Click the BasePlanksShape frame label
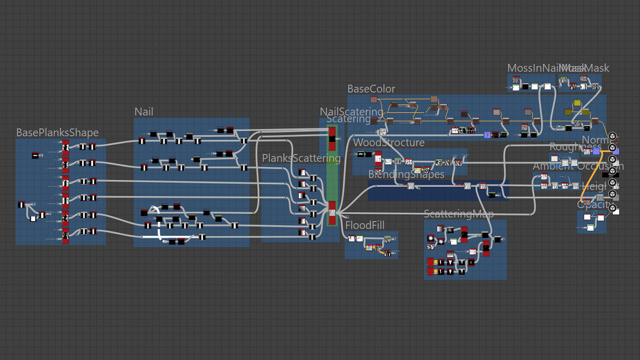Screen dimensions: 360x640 pos(57,133)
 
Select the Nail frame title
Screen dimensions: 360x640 pos(144,112)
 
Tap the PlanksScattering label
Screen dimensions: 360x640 pos(301,158)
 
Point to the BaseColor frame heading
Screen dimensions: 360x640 pos(371,89)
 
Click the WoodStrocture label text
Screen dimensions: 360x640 pos(389,142)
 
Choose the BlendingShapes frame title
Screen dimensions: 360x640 pos(406,174)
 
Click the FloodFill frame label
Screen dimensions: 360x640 pos(365,225)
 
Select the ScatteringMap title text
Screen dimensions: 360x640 pos(459,214)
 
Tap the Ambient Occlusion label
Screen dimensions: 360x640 pos(578,166)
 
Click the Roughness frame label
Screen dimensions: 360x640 pos(575,147)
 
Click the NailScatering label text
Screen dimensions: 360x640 pos(352,111)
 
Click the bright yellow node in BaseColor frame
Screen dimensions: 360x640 pos(577,103)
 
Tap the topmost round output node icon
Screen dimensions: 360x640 pos(612,136)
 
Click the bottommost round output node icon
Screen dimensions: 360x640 pos(612,208)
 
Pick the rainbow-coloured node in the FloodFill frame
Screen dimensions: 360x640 pos(369,247)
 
